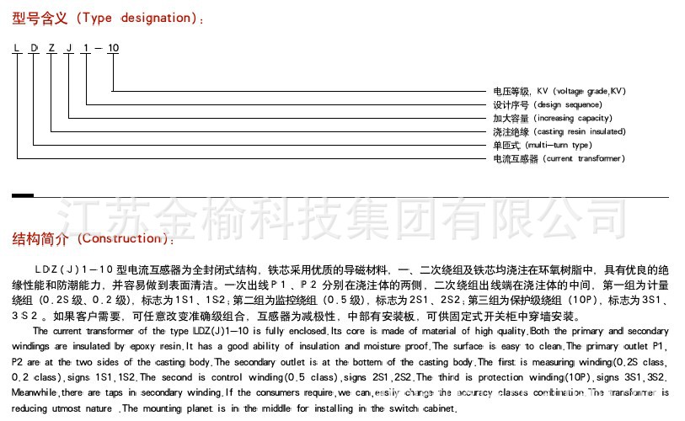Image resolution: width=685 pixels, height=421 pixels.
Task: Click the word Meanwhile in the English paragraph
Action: click(x=35, y=393)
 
